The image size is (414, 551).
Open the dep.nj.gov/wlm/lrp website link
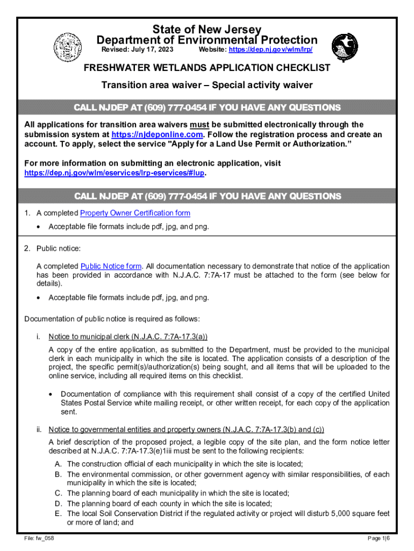click(270, 50)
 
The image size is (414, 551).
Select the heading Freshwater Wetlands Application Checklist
click(206, 68)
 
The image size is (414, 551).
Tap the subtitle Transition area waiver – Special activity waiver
click(207, 86)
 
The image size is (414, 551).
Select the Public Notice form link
click(111, 266)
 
